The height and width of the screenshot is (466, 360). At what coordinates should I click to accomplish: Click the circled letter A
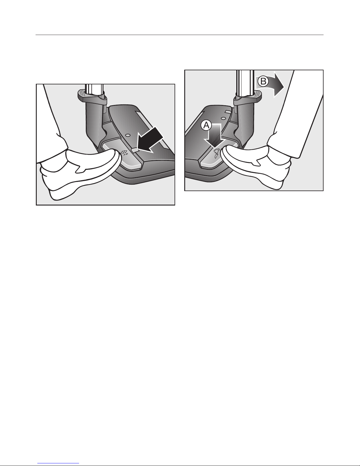point(206,126)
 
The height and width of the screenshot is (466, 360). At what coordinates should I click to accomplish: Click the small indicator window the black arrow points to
point(135,150)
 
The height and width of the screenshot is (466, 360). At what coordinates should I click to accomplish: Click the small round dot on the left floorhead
point(128,135)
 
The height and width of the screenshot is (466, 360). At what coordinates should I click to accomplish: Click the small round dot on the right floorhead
point(223,118)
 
